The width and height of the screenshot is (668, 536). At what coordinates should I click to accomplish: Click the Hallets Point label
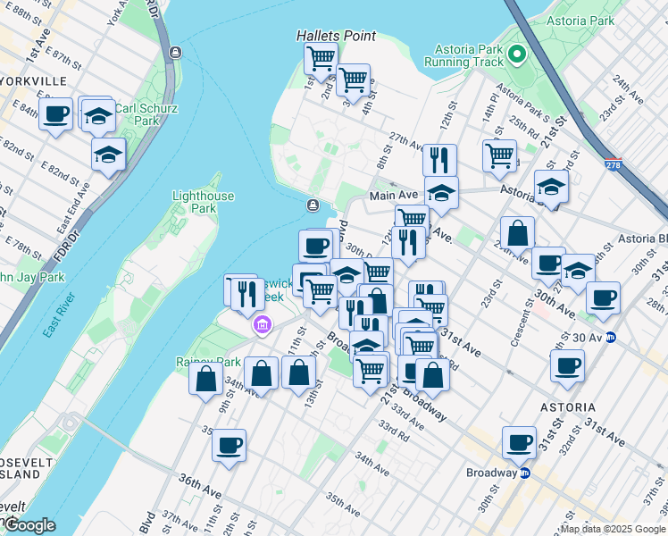click(337, 36)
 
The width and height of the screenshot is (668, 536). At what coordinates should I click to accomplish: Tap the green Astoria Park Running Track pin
click(515, 57)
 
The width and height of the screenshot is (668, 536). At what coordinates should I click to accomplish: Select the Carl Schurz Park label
click(146, 115)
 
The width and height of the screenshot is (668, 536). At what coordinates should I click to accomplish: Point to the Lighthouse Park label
click(204, 202)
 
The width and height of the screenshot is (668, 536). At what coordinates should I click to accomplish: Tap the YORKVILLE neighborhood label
click(34, 80)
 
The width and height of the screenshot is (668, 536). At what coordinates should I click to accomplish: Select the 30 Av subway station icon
click(612, 337)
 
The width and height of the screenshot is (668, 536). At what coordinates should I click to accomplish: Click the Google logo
click(29, 525)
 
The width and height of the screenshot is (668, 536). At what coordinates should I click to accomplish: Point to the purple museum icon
click(261, 323)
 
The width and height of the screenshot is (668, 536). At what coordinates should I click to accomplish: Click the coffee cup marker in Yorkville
click(56, 114)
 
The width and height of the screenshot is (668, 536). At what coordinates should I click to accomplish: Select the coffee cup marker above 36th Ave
click(229, 444)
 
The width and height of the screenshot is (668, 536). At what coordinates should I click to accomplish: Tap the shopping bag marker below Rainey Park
click(206, 377)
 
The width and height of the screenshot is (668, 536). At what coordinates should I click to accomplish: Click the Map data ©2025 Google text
click(613, 529)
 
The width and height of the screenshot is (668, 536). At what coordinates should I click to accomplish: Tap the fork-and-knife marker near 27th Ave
click(438, 160)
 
